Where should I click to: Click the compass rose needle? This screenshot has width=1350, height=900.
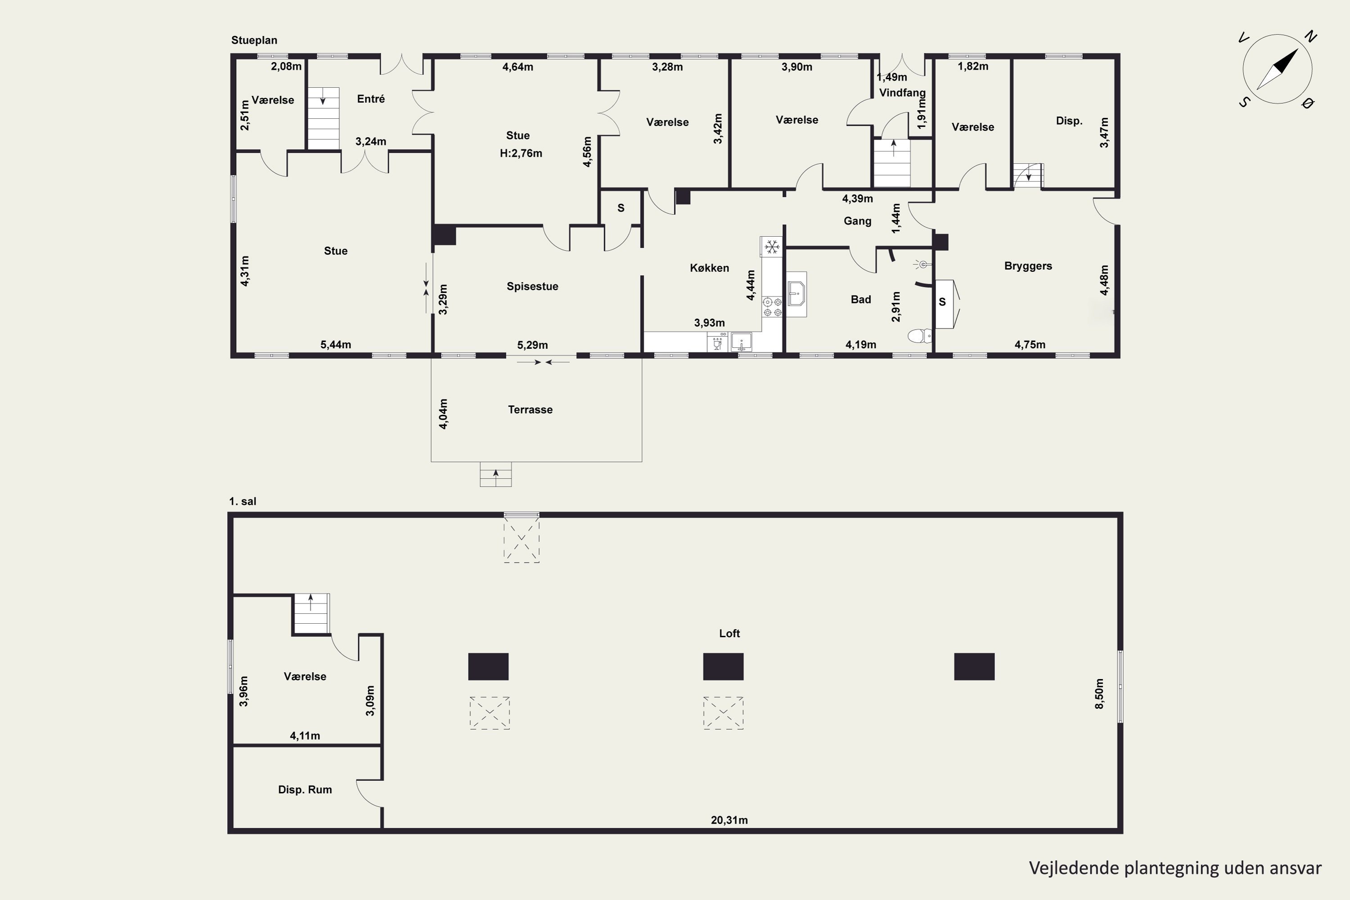point(1278,69)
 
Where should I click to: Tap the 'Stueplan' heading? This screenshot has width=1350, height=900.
point(254,40)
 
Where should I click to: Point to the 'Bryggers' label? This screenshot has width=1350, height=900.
point(1028,266)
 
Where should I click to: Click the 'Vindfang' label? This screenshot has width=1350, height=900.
point(902,92)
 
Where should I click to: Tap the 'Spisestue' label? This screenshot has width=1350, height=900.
point(532,286)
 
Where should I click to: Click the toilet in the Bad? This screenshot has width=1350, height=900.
point(921,335)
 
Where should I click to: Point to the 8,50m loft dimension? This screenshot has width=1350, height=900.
point(1099,694)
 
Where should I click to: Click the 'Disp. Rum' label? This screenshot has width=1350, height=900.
point(305,790)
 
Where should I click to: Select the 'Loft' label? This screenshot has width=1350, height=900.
point(729,633)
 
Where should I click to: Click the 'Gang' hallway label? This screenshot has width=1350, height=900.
point(858,221)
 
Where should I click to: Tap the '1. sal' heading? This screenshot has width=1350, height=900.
point(242,501)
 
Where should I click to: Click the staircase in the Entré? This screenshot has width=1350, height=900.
point(323,118)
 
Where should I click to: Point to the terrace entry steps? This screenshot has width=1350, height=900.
point(495,475)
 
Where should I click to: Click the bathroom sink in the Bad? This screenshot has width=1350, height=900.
point(796,294)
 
